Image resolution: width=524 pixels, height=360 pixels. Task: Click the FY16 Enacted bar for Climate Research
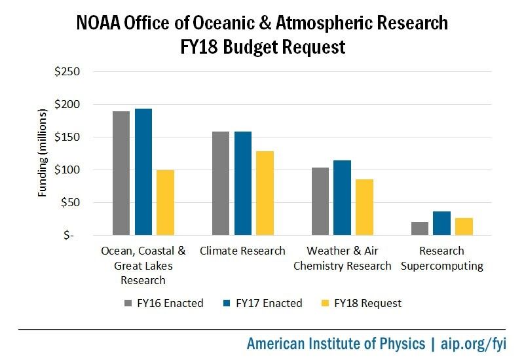point(221,183)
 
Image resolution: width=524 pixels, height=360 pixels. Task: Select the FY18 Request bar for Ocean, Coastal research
point(165,202)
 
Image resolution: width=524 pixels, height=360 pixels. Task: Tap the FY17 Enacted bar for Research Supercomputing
point(441,223)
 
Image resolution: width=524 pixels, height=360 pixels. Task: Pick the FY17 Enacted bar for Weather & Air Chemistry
point(342,197)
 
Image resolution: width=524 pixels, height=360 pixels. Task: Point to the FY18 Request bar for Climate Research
point(265,192)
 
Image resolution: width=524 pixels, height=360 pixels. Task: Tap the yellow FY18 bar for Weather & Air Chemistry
point(364,207)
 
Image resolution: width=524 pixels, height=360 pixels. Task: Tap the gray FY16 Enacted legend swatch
point(128,303)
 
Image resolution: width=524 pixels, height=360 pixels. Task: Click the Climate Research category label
point(242,251)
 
